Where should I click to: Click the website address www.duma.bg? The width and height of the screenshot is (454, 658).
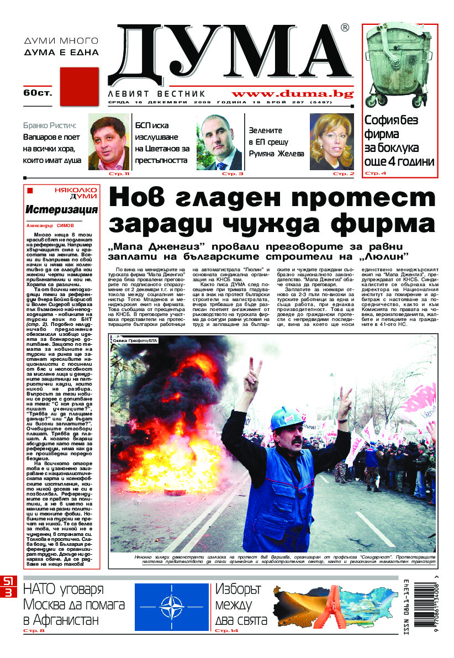click(x=293, y=93)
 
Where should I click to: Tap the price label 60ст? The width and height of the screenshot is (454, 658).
click(x=38, y=92)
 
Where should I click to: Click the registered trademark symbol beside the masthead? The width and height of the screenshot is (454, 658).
click(x=345, y=28)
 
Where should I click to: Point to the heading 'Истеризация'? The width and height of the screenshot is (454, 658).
click(x=61, y=209)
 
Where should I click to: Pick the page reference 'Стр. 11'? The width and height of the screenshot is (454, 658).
click(x=119, y=174)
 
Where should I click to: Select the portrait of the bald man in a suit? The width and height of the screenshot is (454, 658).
click(x=219, y=142)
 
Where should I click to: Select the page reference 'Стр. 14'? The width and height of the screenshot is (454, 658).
click(x=226, y=631)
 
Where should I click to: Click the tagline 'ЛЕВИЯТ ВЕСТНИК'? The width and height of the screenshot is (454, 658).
click(x=157, y=94)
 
